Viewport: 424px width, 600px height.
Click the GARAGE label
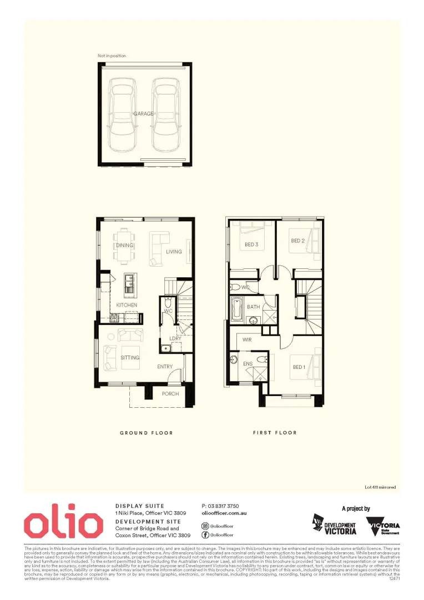click(143, 114)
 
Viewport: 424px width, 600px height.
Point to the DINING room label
click(125, 245)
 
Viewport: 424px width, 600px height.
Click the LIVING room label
click(174, 252)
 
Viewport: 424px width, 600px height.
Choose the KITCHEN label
click(127, 305)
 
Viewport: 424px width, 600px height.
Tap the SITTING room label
click(130, 357)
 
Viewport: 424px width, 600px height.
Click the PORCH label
click(170, 394)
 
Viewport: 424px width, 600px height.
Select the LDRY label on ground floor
click(175, 338)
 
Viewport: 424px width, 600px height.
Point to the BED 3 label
click(251, 244)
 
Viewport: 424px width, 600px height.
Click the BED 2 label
click(298, 241)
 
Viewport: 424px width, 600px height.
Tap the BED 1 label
click(299, 367)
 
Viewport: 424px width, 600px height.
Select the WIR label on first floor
click(248, 339)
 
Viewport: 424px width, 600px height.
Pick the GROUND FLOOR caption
click(147, 433)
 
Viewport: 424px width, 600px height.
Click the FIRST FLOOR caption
click(275, 433)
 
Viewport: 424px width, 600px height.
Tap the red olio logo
click(63, 523)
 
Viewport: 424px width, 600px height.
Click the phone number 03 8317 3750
click(220, 506)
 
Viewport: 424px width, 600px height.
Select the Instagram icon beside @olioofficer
click(205, 526)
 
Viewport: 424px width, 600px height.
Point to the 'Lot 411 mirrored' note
click(380, 487)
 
